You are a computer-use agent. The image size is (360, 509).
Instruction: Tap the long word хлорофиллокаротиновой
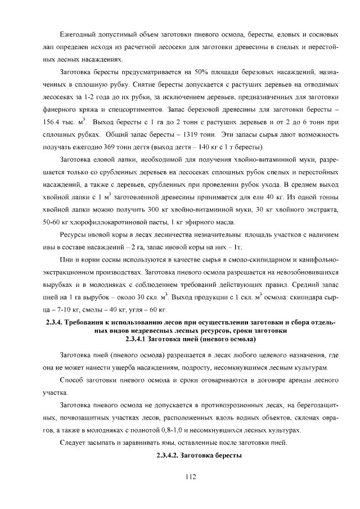106,221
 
